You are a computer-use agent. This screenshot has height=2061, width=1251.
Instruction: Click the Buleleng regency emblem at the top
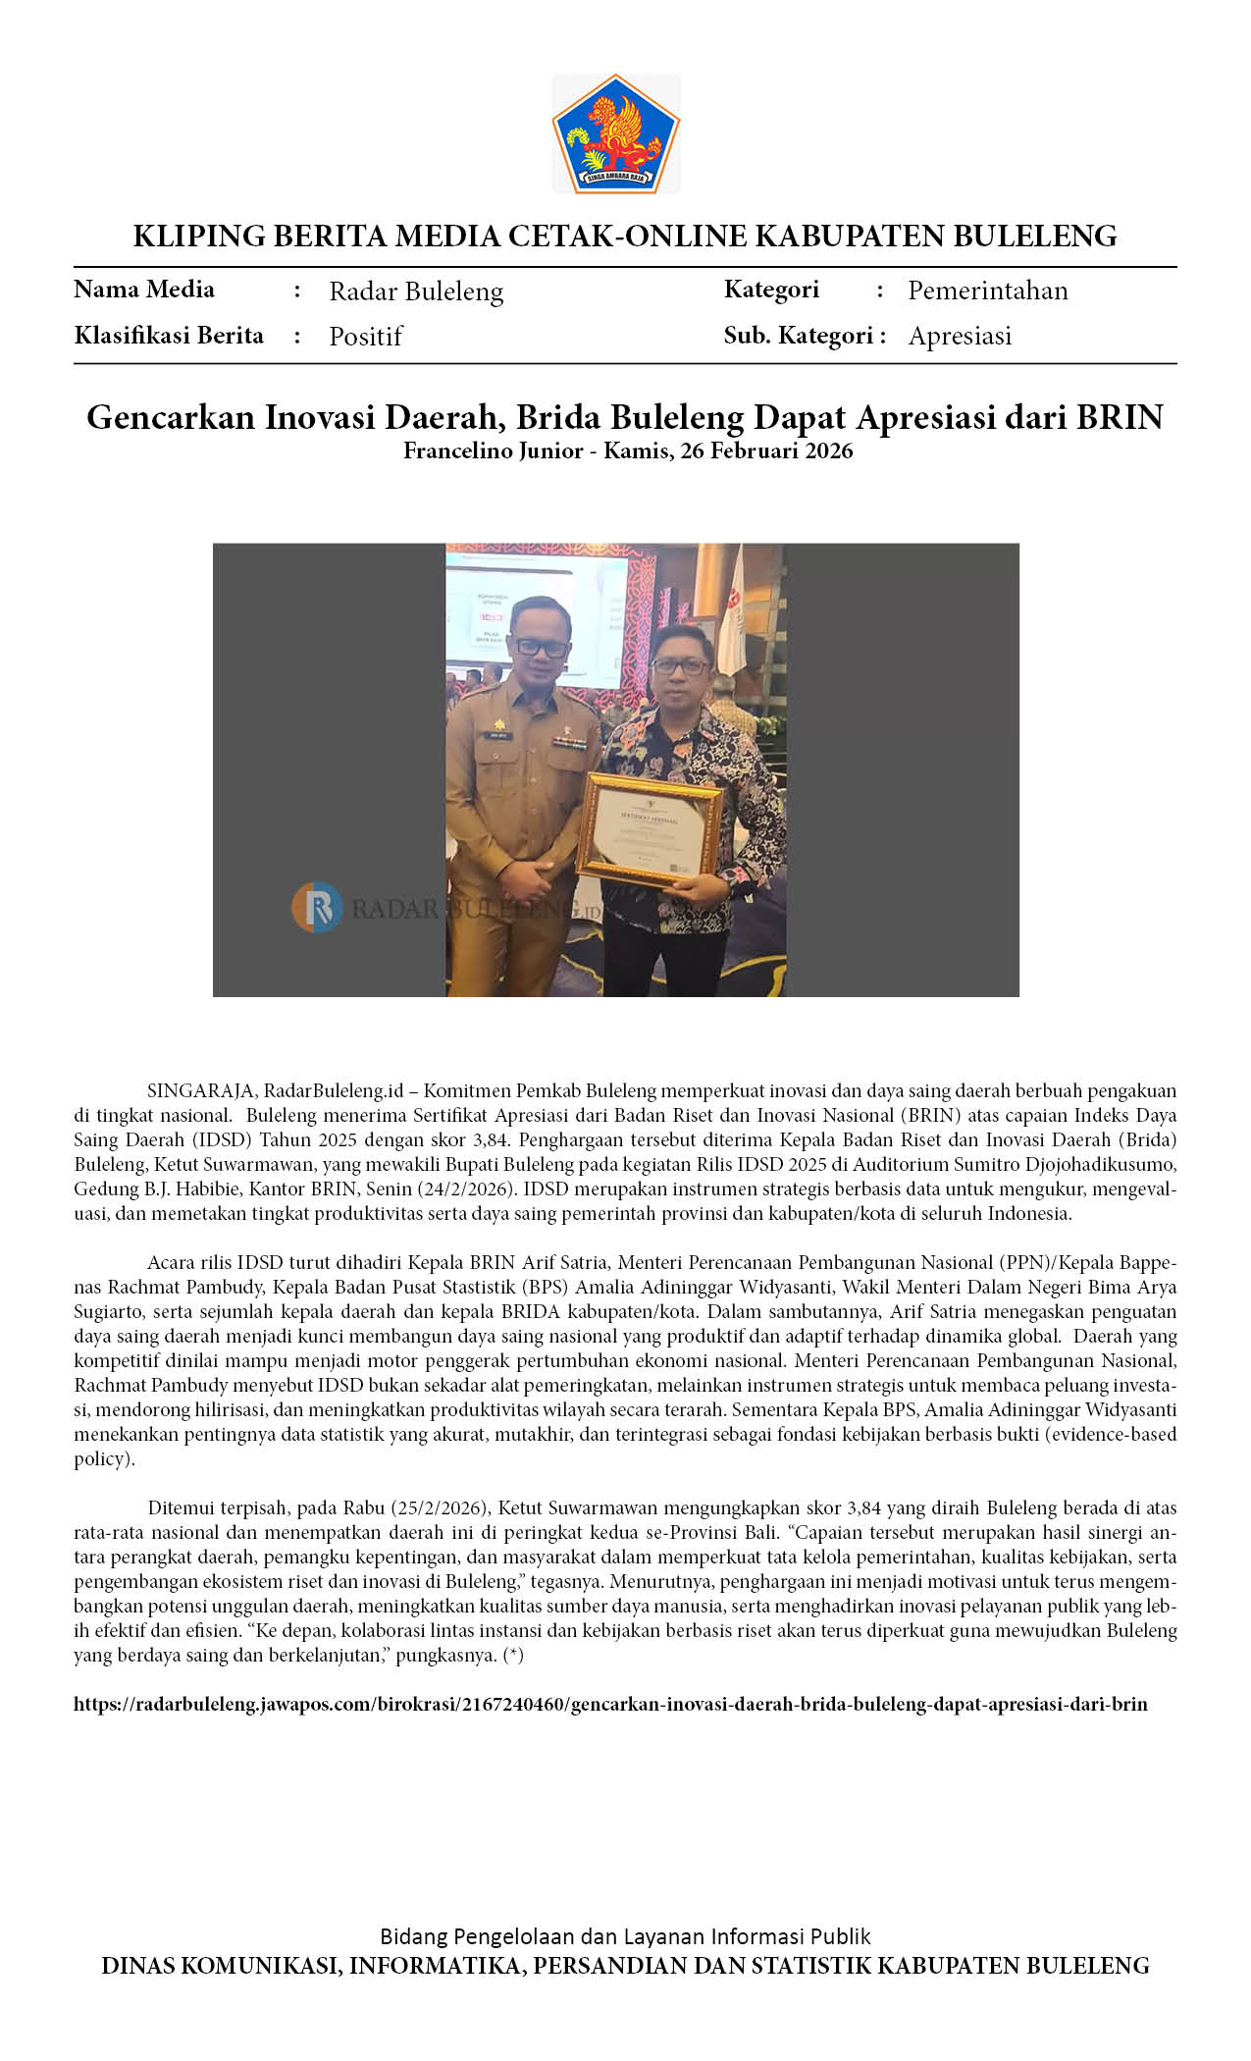click(615, 133)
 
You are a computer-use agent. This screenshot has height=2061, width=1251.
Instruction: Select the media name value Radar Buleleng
click(416, 291)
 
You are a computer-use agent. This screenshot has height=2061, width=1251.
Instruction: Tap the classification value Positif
click(365, 337)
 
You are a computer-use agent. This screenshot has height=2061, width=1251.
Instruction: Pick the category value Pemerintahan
click(987, 291)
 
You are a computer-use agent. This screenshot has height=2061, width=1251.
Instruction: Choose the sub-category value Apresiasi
click(960, 336)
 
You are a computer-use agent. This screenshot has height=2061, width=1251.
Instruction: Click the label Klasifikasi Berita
click(169, 336)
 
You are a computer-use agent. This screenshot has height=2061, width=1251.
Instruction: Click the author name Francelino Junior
click(493, 451)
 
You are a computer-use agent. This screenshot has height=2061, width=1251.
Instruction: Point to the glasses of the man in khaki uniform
click(543, 648)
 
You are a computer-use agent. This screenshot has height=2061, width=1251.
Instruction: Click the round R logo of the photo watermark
click(317, 908)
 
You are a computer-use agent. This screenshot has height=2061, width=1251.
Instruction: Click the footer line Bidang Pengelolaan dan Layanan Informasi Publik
click(625, 1936)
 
